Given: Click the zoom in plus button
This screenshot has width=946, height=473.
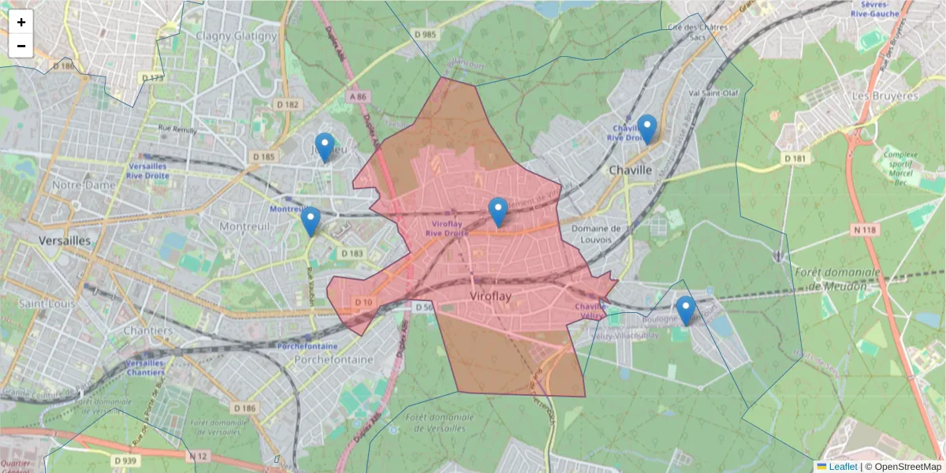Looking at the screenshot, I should pyautogui.click(x=21, y=22).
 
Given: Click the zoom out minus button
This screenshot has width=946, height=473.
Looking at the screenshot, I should pyautogui.click(x=21, y=46).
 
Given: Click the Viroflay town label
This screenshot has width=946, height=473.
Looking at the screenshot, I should pyautogui.click(x=490, y=296).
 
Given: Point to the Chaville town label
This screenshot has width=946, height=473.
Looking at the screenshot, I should pyautogui.click(x=631, y=169).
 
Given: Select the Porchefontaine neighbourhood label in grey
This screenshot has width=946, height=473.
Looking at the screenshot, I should pyautogui.click(x=333, y=359).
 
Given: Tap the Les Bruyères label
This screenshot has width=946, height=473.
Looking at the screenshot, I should pyautogui.click(x=885, y=95).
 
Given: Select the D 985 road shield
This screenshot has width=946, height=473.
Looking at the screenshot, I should pyautogui.click(x=423, y=34).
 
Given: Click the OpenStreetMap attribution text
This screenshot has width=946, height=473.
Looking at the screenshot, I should pyautogui.click(x=907, y=466).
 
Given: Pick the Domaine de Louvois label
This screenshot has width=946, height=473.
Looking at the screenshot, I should pyautogui.click(x=597, y=234).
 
